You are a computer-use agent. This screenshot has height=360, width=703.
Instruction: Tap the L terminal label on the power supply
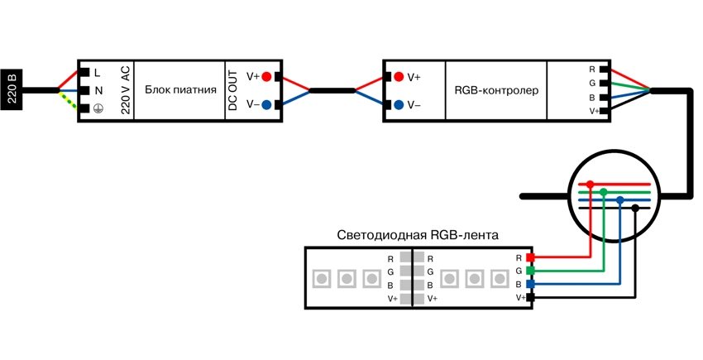[x=98, y=74]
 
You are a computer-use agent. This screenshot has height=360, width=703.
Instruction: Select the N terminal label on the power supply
[x=98, y=90]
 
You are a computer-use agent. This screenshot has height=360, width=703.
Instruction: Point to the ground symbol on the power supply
[x=98, y=108]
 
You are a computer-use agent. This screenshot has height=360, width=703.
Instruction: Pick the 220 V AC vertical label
[x=125, y=90]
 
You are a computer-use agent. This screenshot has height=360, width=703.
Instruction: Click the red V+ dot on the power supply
[x=266, y=76]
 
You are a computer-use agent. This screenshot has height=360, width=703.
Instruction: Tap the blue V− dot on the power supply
[x=266, y=104]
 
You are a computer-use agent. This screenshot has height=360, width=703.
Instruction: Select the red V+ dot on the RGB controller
[x=399, y=76]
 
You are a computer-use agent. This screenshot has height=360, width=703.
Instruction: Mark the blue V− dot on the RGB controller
[x=399, y=104]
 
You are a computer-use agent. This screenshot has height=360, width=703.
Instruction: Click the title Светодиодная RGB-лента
[x=418, y=235]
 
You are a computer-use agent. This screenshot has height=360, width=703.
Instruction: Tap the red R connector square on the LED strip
[x=531, y=258]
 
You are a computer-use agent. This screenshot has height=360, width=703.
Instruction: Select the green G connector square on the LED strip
[x=531, y=271]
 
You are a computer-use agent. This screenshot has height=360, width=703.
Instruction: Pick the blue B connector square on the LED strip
[x=531, y=284]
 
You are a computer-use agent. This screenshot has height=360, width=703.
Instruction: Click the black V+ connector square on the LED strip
[x=531, y=297]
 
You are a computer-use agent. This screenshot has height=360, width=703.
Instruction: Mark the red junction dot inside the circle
[x=590, y=185]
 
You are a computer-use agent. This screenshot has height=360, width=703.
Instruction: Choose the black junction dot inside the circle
[x=634, y=207]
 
